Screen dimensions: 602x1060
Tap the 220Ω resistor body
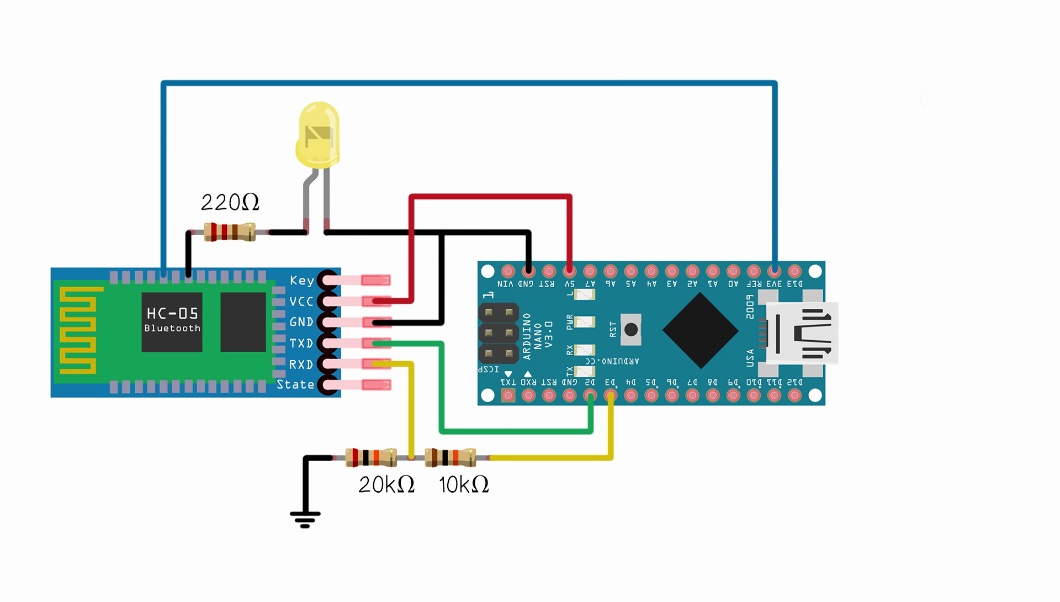(x=230, y=232)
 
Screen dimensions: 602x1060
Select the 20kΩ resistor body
(x=370, y=457)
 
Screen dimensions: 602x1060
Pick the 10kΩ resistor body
(x=451, y=457)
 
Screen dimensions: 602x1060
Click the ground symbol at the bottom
(x=305, y=519)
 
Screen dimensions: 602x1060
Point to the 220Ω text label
(x=230, y=203)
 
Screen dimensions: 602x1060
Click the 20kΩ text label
(x=386, y=485)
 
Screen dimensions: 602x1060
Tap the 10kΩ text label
(x=464, y=485)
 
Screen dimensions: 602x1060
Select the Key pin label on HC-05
(x=301, y=281)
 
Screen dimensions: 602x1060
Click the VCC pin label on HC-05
(x=301, y=302)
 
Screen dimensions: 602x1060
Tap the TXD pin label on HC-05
(x=301, y=344)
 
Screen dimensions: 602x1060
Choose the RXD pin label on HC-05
(x=301, y=365)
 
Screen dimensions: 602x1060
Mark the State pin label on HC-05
(x=295, y=385)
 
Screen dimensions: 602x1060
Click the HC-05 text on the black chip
(x=172, y=314)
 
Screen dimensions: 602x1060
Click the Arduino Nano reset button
(x=630, y=330)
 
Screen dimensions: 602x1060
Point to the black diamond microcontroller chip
(x=700, y=330)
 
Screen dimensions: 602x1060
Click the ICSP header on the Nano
(x=499, y=333)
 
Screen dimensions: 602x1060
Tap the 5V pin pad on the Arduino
(x=569, y=271)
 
